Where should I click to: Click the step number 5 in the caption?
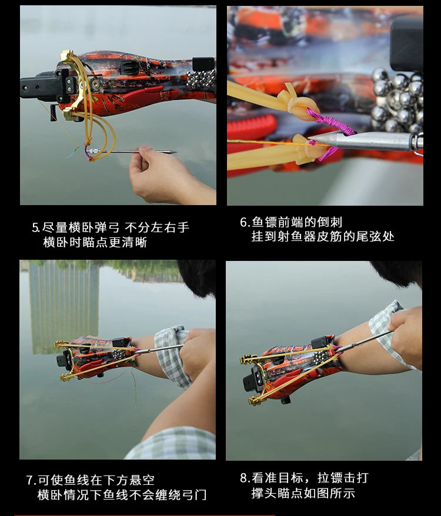point(35,227)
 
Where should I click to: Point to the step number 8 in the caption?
point(243,478)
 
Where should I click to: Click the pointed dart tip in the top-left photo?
point(172,152)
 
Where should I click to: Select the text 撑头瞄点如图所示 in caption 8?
point(303,493)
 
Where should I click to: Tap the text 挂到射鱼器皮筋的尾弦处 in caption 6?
point(323,236)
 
